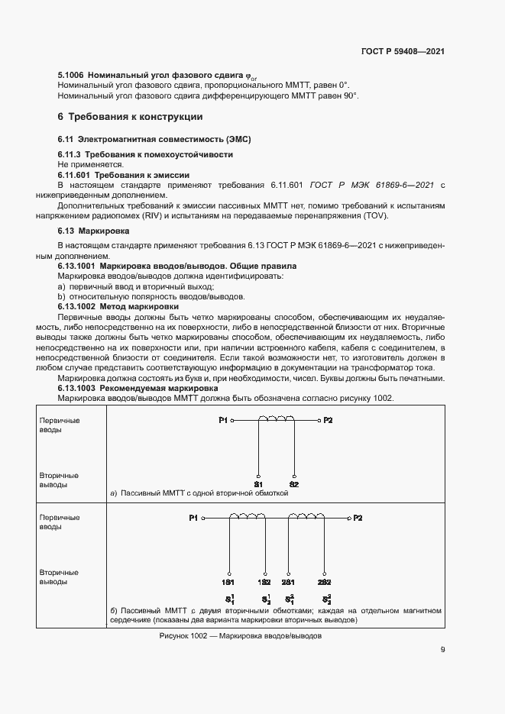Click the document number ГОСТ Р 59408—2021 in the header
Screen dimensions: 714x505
(403, 51)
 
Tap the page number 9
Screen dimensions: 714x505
(443, 650)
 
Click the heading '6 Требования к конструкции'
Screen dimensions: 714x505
(131, 118)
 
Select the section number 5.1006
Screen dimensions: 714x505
(71, 76)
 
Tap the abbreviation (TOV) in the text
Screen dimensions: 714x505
(375, 216)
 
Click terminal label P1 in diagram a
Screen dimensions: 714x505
(222, 420)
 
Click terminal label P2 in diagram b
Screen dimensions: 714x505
(358, 518)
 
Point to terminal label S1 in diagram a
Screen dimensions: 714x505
(258, 483)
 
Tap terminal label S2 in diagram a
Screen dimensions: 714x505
(293, 483)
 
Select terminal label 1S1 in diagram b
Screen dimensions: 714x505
(228, 582)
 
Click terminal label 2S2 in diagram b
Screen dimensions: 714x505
(324, 582)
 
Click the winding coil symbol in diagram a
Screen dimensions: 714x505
(276, 418)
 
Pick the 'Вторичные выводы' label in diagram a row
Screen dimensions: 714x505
(59, 480)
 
